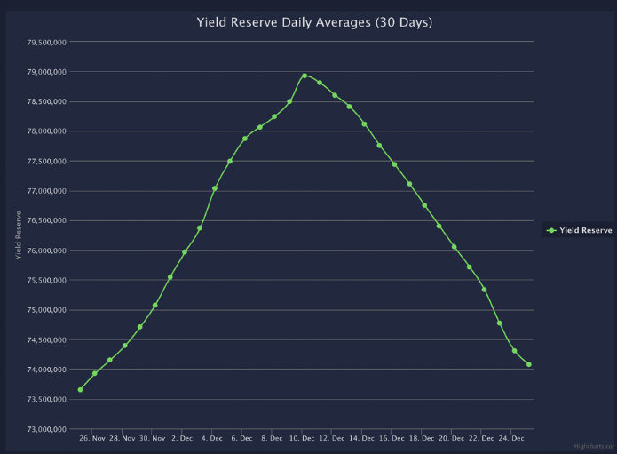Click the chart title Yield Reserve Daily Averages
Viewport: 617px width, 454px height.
click(314, 21)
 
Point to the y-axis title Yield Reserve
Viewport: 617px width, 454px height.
click(19, 235)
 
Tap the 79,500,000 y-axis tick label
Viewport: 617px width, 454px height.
click(41, 42)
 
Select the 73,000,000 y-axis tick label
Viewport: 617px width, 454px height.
click(41, 429)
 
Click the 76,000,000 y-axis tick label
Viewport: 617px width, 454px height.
click(41, 251)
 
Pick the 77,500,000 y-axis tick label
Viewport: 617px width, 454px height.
click(41, 161)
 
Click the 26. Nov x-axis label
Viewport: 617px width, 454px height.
click(92, 438)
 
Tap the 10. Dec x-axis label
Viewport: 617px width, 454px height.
click(302, 438)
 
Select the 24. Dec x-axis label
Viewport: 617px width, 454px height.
click(511, 438)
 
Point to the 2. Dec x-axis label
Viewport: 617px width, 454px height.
click(182, 438)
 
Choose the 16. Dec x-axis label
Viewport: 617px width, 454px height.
click(392, 438)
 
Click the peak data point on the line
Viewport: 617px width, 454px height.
click(305, 76)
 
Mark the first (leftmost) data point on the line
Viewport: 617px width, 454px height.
click(80, 389)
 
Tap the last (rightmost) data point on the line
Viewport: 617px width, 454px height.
click(529, 364)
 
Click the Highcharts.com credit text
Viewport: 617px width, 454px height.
click(595, 447)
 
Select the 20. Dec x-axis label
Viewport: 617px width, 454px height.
click(452, 438)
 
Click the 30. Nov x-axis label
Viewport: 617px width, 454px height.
click(152, 438)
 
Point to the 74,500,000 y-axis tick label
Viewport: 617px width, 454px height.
click(41, 340)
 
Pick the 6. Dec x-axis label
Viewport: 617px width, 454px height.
click(241, 438)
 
